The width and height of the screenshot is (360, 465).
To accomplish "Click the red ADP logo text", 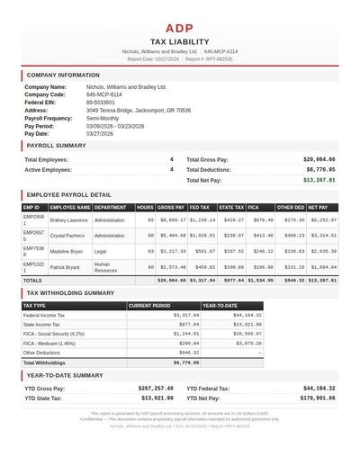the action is [179, 29].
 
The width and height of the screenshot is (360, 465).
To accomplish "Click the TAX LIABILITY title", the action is [179, 41].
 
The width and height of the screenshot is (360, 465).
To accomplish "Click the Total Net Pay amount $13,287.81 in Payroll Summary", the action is [319, 180].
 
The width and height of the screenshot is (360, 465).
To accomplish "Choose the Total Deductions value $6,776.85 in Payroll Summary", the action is [320, 169].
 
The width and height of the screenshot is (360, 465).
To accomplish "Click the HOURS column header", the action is [145, 207].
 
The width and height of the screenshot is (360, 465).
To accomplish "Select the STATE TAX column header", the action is [231, 207].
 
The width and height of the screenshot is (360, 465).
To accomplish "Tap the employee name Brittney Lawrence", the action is [68, 219].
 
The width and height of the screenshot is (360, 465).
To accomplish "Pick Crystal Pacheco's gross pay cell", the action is [172, 234].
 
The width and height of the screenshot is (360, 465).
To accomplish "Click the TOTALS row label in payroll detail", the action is [32, 281].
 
